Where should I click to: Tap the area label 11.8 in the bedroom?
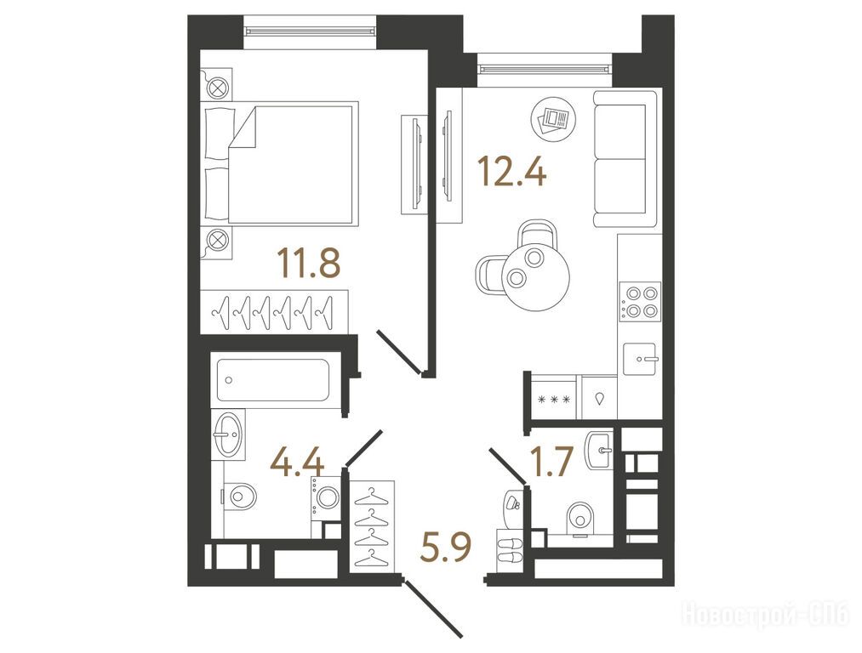pyautogui.click(x=309, y=263)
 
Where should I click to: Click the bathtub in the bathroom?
pyautogui.click(x=272, y=379)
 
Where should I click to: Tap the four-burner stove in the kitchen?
pyautogui.click(x=640, y=302)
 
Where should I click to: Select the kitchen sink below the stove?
pyautogui.click(x=639, y=359)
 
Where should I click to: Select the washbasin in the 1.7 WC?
pyautogui.click(x=600, y=451)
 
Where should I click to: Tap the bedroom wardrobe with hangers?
pyautogui.click(x=274, y=311)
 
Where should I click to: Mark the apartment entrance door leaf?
pyautogui.click(x=432, y=608)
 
